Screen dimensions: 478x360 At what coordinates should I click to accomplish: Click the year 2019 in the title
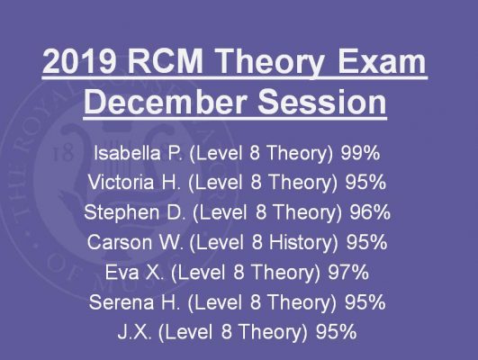(x=79, y=61)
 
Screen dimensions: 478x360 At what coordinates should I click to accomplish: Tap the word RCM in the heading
(x=166, y=61)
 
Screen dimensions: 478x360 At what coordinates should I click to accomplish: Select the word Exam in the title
(x=382, y=61)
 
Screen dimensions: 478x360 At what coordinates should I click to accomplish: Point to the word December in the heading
(x=166, y=101)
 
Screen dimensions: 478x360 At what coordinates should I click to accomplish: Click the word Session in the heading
(x=322, y=101)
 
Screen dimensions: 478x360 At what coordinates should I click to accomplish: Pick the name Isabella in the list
(x=127, y=153)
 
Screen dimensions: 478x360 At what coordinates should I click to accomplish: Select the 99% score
(x=360, y=153)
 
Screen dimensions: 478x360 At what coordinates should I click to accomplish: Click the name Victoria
(x=121, y=182)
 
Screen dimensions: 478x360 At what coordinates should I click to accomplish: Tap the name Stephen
(x=122, y=212)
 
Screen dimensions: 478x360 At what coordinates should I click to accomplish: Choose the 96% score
(x=370, y=211)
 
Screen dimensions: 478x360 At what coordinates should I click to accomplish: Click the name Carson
(x=119, y=242)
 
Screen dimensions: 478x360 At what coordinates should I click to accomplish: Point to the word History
(x=303, y=243)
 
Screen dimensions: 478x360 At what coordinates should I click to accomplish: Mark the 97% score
(x=348, y=272)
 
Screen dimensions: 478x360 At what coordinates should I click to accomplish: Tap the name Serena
(x=122, y=302)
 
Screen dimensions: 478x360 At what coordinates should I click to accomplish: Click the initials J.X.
(x=134, y=332)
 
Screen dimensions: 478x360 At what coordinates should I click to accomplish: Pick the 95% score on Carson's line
(x=366, y=242)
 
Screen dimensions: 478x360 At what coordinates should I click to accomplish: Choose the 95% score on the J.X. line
(x=336, y=332)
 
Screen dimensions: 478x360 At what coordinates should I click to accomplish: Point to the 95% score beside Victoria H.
(x=365, y=182)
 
